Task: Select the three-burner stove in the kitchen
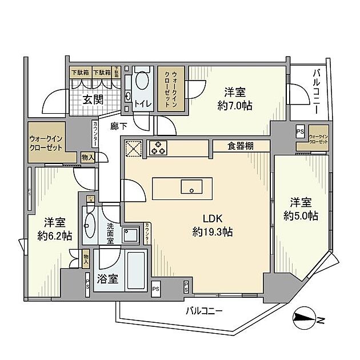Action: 158,147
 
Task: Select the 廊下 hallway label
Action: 118,126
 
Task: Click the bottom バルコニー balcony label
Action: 203,311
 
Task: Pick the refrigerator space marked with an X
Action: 133,147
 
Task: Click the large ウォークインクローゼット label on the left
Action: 49,142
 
